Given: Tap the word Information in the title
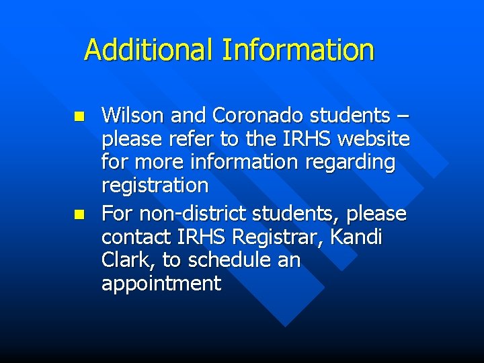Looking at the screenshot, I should click(x=298, y=50).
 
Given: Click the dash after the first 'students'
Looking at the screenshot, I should click(x=401, y=117).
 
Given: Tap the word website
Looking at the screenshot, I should click(x=374, y=139).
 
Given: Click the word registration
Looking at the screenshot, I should click(x=155, y=185).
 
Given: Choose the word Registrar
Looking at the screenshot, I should click(x=278, y=237).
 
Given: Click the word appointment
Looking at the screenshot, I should click(x=161, y=284).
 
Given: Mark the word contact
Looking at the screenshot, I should click(x=136, y=237).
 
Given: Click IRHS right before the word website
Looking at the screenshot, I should click(x=308, y=139).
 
